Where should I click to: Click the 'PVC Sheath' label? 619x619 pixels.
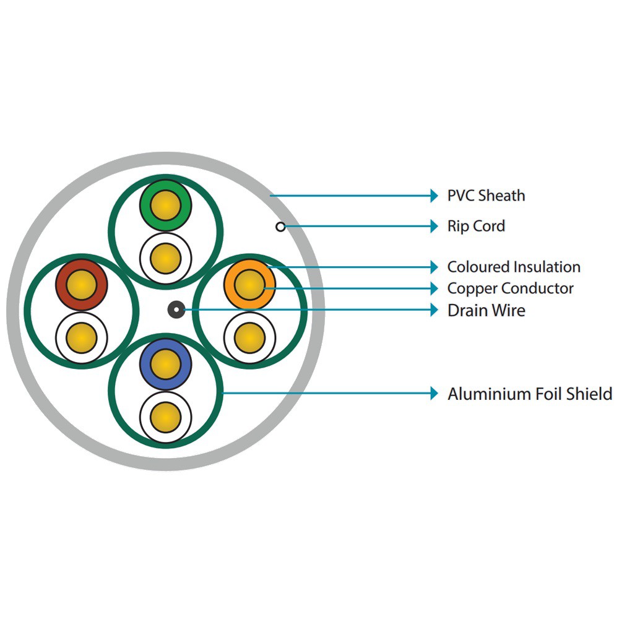(x=486, y=196)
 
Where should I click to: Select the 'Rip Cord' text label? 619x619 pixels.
(x=476, y=227)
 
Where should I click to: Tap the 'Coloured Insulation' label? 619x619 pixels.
(x=514, y=267)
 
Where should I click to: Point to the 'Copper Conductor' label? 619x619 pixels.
(x=510, y=288)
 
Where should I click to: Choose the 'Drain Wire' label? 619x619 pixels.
(x=486, y=310)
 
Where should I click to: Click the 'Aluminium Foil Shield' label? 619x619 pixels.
(x=530, y=394)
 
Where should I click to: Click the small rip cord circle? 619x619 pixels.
(x=280, y=227)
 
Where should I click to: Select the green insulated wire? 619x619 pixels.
(x=165, y=204)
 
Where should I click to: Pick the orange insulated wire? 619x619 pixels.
(x=249, y=285)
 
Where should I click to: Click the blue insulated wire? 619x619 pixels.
(x=165, y=364)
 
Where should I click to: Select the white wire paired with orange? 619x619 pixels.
(x=249, y=337)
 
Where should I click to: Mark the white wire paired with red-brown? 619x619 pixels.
(x=82, y=337)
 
